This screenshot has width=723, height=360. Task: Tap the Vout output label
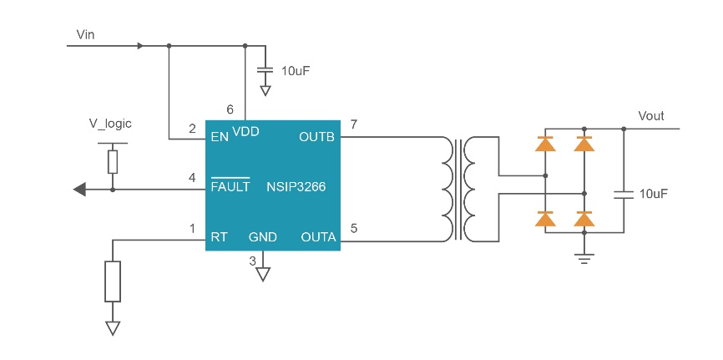point(651,116)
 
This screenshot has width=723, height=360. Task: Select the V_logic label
point(110,124)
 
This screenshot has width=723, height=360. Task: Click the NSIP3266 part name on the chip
point(296,187)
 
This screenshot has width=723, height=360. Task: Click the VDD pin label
point(246,131)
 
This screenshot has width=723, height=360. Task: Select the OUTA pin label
point(318,237)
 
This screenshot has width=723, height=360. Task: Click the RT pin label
point(220,237)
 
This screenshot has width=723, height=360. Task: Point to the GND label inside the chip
point(263,237)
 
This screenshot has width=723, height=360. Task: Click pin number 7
point(354,125)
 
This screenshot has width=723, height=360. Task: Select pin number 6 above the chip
point(230,109)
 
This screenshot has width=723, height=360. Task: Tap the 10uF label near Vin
point(296,71)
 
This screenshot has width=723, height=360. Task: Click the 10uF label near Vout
point(654,194)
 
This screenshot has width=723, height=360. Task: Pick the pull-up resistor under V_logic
point(113,161)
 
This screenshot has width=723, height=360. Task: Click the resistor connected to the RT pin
point(113,281)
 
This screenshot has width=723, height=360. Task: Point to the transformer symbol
point(460,189)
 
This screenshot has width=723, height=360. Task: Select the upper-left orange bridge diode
point(545,144)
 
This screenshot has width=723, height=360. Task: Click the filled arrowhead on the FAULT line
point(80,190)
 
